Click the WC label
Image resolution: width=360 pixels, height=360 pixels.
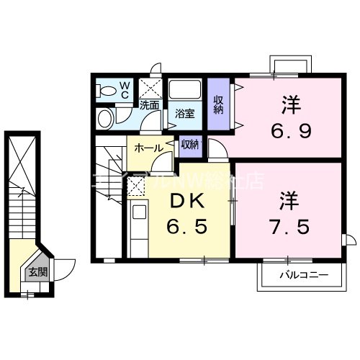[124, 90]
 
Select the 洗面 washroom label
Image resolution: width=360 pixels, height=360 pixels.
[149, 105]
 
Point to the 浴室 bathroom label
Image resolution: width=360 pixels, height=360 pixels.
[185, 113]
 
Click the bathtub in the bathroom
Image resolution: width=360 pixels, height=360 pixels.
[185, 93]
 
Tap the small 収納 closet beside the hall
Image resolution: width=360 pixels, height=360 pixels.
[191, 145]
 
